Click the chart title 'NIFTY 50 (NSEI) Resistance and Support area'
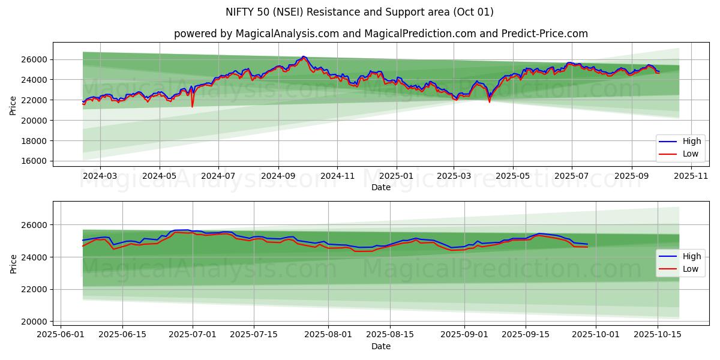[x=359, y=12]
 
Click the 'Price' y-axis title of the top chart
[x=13, y=106]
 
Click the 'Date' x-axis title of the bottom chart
[x=381, y=346]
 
